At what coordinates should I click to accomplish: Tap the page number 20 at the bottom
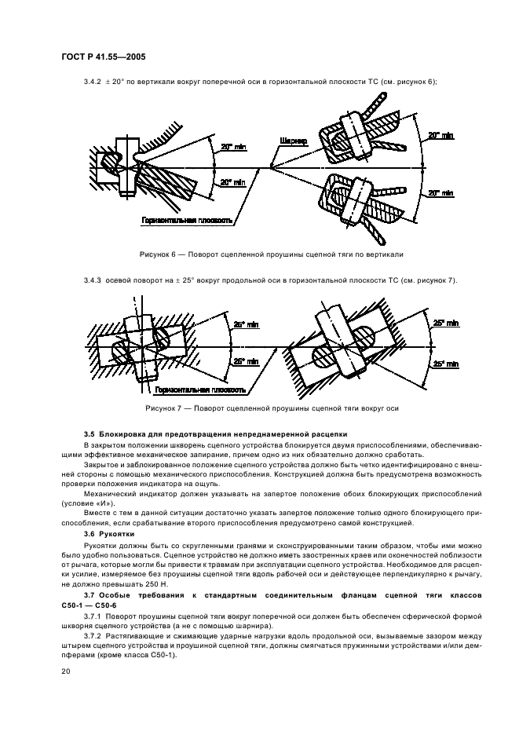click(x=65, y=671)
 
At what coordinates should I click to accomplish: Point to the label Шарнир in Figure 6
click(x=291, y=141)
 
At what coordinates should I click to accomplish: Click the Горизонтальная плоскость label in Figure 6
click(x=187, y=221)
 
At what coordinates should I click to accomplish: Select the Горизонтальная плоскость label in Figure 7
click(x=200, y=389)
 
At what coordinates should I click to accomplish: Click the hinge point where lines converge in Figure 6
click(x=270, y=166)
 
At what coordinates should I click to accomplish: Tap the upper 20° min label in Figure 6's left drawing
click(x=231, y=148)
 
